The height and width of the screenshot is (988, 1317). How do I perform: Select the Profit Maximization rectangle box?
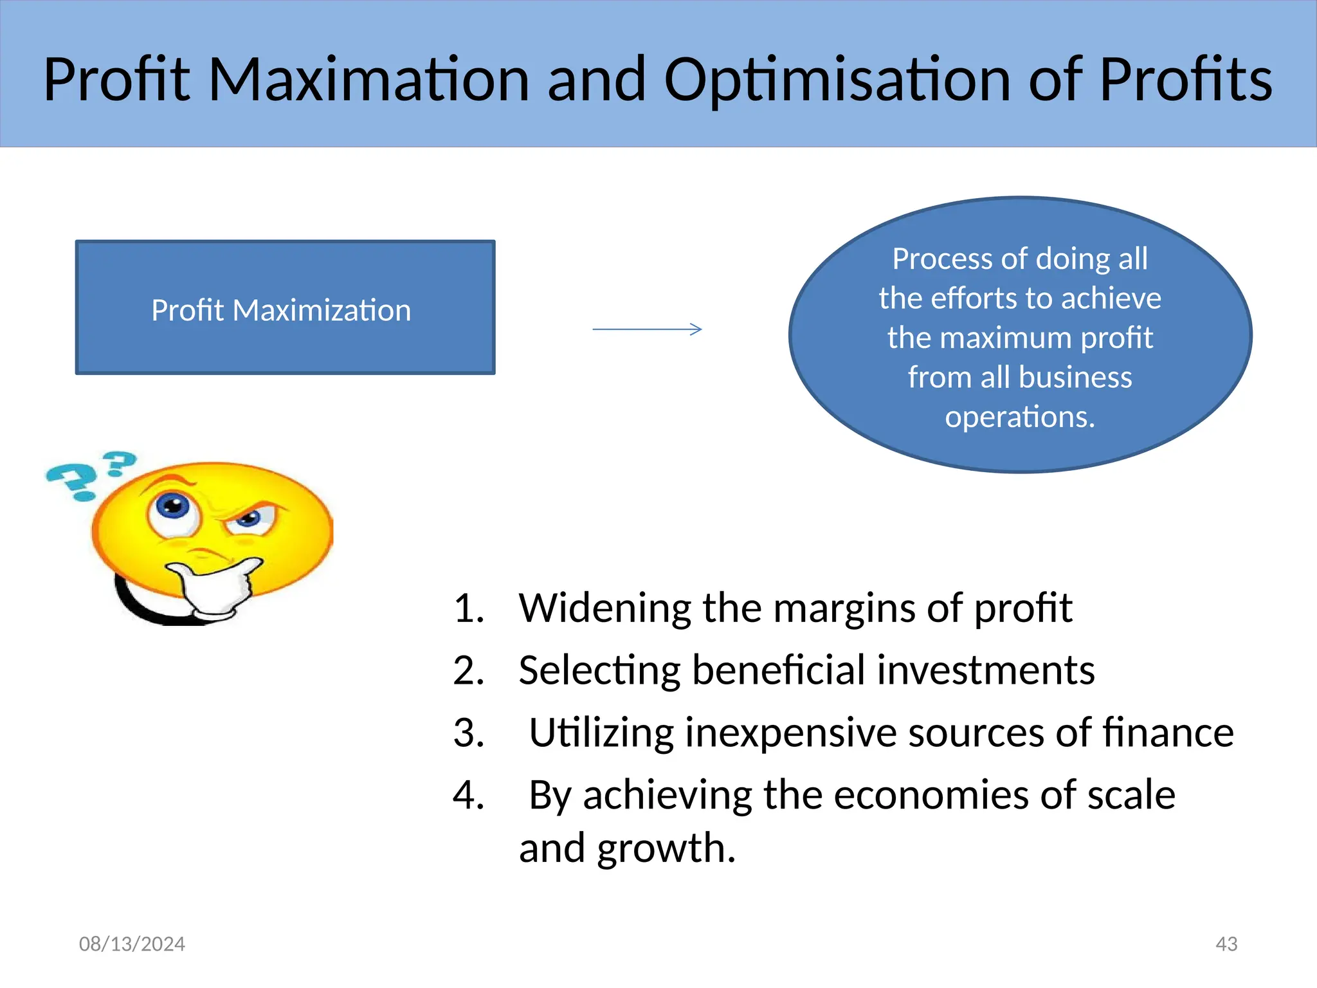pyautogui.click(x=285, y=307)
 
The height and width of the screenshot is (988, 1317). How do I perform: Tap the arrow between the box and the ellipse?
pyautogui.click(x=647, y=329)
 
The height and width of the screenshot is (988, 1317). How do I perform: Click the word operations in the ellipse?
pyautogui.click(x=1019, y=417)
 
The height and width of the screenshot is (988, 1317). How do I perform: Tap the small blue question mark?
pyautogui.click(x=120, y=462)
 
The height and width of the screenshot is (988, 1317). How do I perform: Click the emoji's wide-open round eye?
pyautogui.click(x=172, y=508)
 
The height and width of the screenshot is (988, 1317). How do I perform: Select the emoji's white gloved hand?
pyautogui.click(x=215, y=585)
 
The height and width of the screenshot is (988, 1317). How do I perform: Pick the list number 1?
pyautogui.click(x=468, y=608)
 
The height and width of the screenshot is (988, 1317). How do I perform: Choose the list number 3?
pyautogui.click(x=468, y=733)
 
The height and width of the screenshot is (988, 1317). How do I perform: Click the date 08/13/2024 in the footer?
pyautogui.click(x=132, y=944)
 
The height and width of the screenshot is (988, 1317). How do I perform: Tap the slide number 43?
pyautogui.click(x=1226, y=944)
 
